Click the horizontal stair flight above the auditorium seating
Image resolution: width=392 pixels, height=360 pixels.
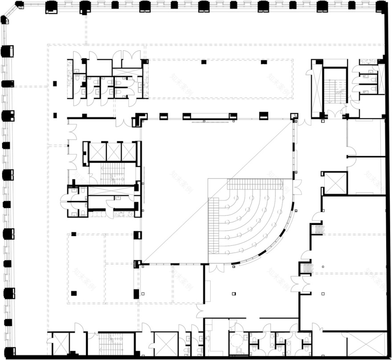255,184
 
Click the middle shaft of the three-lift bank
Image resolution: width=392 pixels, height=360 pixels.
114,151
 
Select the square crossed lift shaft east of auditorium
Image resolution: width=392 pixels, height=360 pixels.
335,183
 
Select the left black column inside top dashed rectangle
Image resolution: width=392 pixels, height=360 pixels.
204,61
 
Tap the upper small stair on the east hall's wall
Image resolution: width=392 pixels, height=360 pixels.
317,229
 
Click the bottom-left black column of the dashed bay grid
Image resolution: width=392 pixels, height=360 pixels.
73,293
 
